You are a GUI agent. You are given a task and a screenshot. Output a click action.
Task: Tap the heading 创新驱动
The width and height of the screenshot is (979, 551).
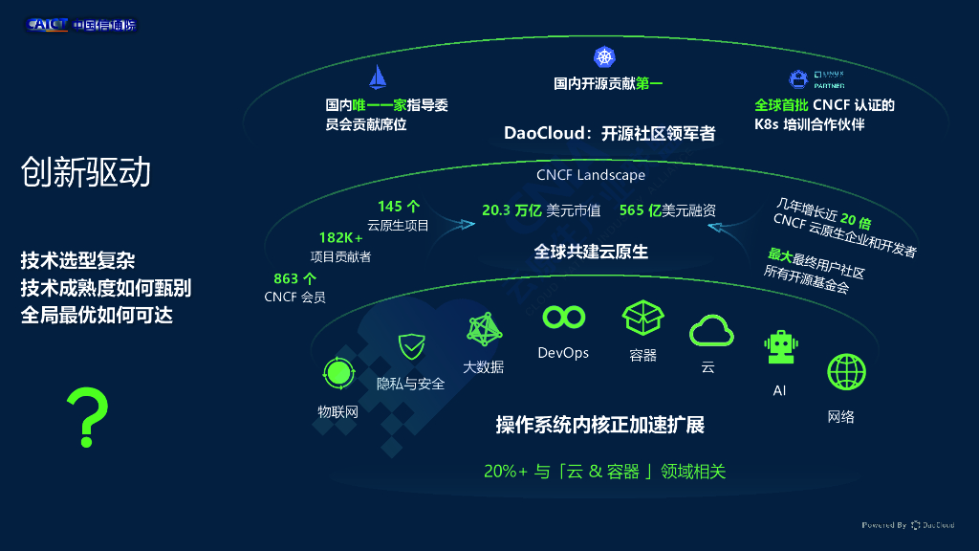pyautogui.click(x=86, y=172)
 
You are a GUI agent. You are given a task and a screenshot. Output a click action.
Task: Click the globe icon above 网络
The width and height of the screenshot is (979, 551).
pyautogui.click(x=846, y=373)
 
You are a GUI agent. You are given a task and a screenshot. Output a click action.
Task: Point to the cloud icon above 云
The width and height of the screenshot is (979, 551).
pyautogui.click(x=711, y=331)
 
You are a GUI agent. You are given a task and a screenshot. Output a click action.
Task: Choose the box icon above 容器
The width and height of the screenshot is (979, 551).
pyautogui.click(x=642, y=319)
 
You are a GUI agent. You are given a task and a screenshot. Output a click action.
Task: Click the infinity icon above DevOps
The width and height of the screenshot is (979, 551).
pyautogui.click(x=562, y=317)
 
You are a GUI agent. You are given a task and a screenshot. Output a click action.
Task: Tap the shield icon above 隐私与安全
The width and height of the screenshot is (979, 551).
pyautogui.click(x=411, y=346)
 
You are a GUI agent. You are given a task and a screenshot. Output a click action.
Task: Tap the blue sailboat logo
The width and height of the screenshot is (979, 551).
pyautogui.click(x=379, y=77)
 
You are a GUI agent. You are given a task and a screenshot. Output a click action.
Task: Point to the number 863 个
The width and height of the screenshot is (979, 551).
pyautogui.click(x=294, y=279)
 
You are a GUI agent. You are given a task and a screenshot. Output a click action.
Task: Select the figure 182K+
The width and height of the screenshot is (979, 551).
pyautogui.click(x=340, y=237)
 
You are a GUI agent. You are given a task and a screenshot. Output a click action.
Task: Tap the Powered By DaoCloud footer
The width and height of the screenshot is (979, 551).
pyautogui.click(x=907, y=525)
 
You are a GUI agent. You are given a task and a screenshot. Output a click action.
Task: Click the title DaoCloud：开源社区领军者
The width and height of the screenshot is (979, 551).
pyautogui.click(x=609, y=134)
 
